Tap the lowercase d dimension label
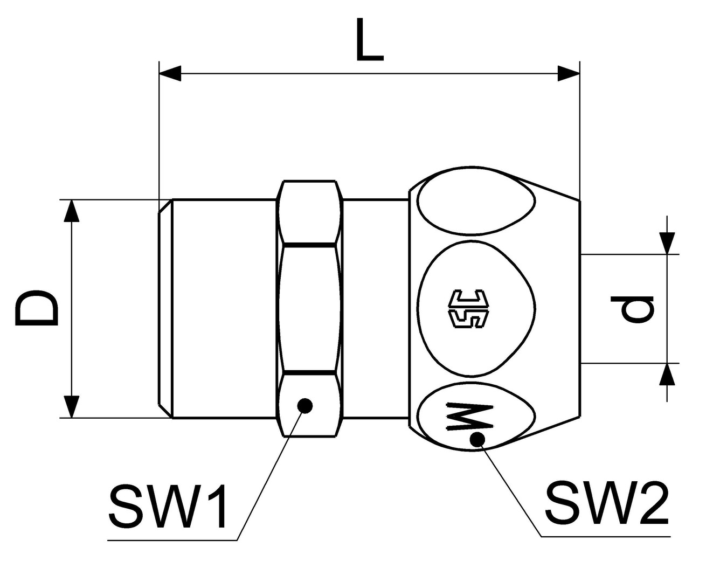point(637,309)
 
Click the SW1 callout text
point(168,507)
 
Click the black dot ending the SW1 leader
point(305,406)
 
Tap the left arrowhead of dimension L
point(170,74)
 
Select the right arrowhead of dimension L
point(569,74)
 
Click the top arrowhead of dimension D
point(72,211)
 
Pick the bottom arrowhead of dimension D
point(72,406)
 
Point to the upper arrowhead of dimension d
point(667,242)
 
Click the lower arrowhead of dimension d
point(667,375)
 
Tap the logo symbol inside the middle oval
point(469,309)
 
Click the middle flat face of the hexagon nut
point(310,309)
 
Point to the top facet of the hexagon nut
point(310,213)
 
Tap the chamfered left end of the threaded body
point(165,309)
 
